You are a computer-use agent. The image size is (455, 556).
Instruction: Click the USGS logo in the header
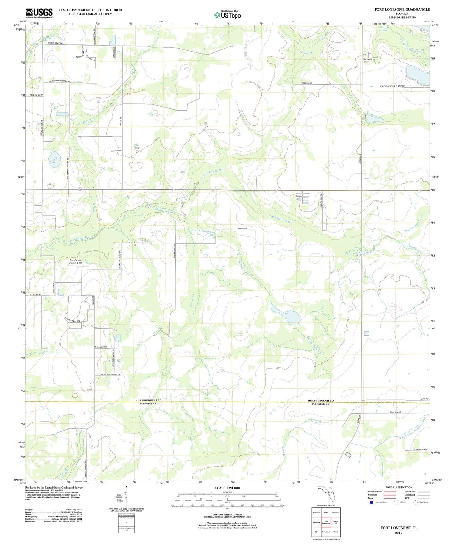click(x=39, y=13)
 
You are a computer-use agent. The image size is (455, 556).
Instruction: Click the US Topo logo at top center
click(x=227, y=15)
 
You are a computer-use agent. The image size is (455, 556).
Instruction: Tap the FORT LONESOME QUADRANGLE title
click(x=402, y=10)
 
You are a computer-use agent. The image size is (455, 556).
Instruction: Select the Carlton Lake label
click(x=53, y=160)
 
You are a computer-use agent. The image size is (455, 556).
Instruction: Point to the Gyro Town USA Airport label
click(x=75, y=261)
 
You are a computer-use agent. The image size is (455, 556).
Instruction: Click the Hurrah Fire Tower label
click(x=369, y=60)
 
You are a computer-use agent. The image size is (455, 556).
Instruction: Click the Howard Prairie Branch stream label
click(x=202, y=231)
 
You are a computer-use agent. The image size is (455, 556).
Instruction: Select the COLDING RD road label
click(x=241, y=229)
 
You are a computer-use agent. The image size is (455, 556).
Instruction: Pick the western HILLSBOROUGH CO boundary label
click(x=149, y=400)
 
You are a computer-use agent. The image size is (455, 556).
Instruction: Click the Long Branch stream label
click(x=314, y=420)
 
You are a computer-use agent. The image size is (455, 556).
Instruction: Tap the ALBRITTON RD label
click(x=420, y=450)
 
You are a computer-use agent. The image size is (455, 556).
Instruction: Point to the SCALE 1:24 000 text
click(x=227, y=488)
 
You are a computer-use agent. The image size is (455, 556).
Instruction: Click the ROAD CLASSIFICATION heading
click(x=398, y=487)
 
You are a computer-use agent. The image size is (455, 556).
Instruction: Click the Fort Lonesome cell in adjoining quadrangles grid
click(x=326, y=522)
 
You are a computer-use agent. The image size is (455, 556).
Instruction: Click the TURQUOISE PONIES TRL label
click(x=110, y=374)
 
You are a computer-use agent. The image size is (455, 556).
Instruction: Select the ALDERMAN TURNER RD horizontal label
click(x=60, y=81)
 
